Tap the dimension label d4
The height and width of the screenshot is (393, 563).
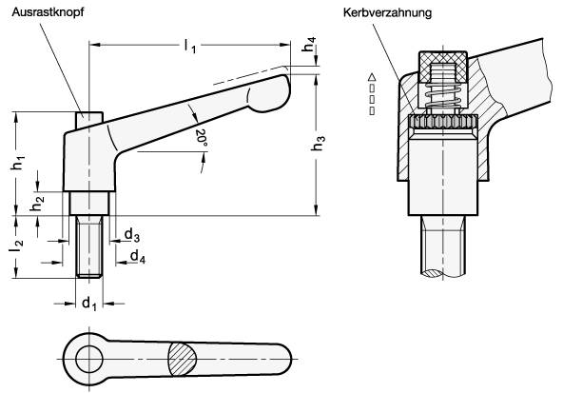[x=137, y=256]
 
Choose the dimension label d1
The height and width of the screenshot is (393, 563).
[x=89, y=305]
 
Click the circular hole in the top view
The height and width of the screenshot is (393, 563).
[x=90, y=360]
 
